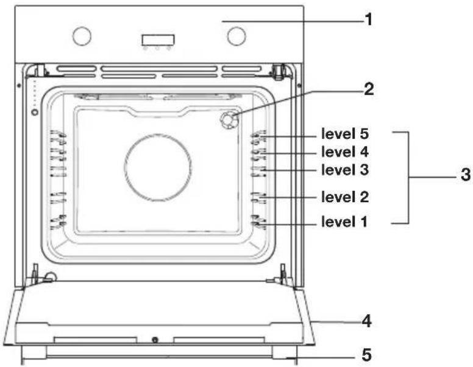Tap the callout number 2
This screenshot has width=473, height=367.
point(369,89)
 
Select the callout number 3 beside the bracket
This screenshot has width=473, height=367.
point(466,175)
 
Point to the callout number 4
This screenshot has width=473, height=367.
point(367,321)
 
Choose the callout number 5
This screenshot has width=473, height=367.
point(367,355)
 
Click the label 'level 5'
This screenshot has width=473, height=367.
point(345,134)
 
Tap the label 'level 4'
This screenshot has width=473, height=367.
point(345,152)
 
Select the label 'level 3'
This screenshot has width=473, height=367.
point(345,170)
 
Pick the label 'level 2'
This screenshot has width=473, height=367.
point(345,197)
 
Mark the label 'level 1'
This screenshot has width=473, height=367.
point(344,222)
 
